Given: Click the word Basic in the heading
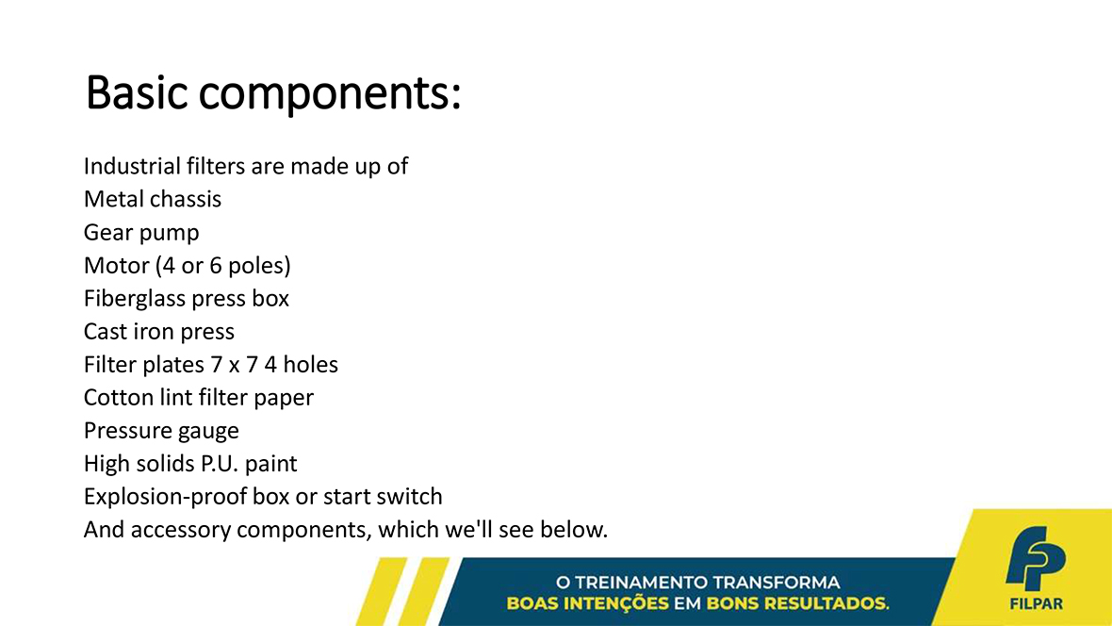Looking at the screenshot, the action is [137, 92].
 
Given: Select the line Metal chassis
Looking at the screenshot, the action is [153, 199].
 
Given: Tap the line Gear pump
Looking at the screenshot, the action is [141, 233].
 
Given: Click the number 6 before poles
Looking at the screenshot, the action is [216, 266].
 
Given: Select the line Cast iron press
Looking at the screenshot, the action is [159, 332].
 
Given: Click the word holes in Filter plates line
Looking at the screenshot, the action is [311, 364].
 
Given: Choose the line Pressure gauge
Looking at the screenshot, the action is [161, 431].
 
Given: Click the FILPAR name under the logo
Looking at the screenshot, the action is [1036, 604].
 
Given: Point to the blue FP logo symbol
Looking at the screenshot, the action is [1035, 558].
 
